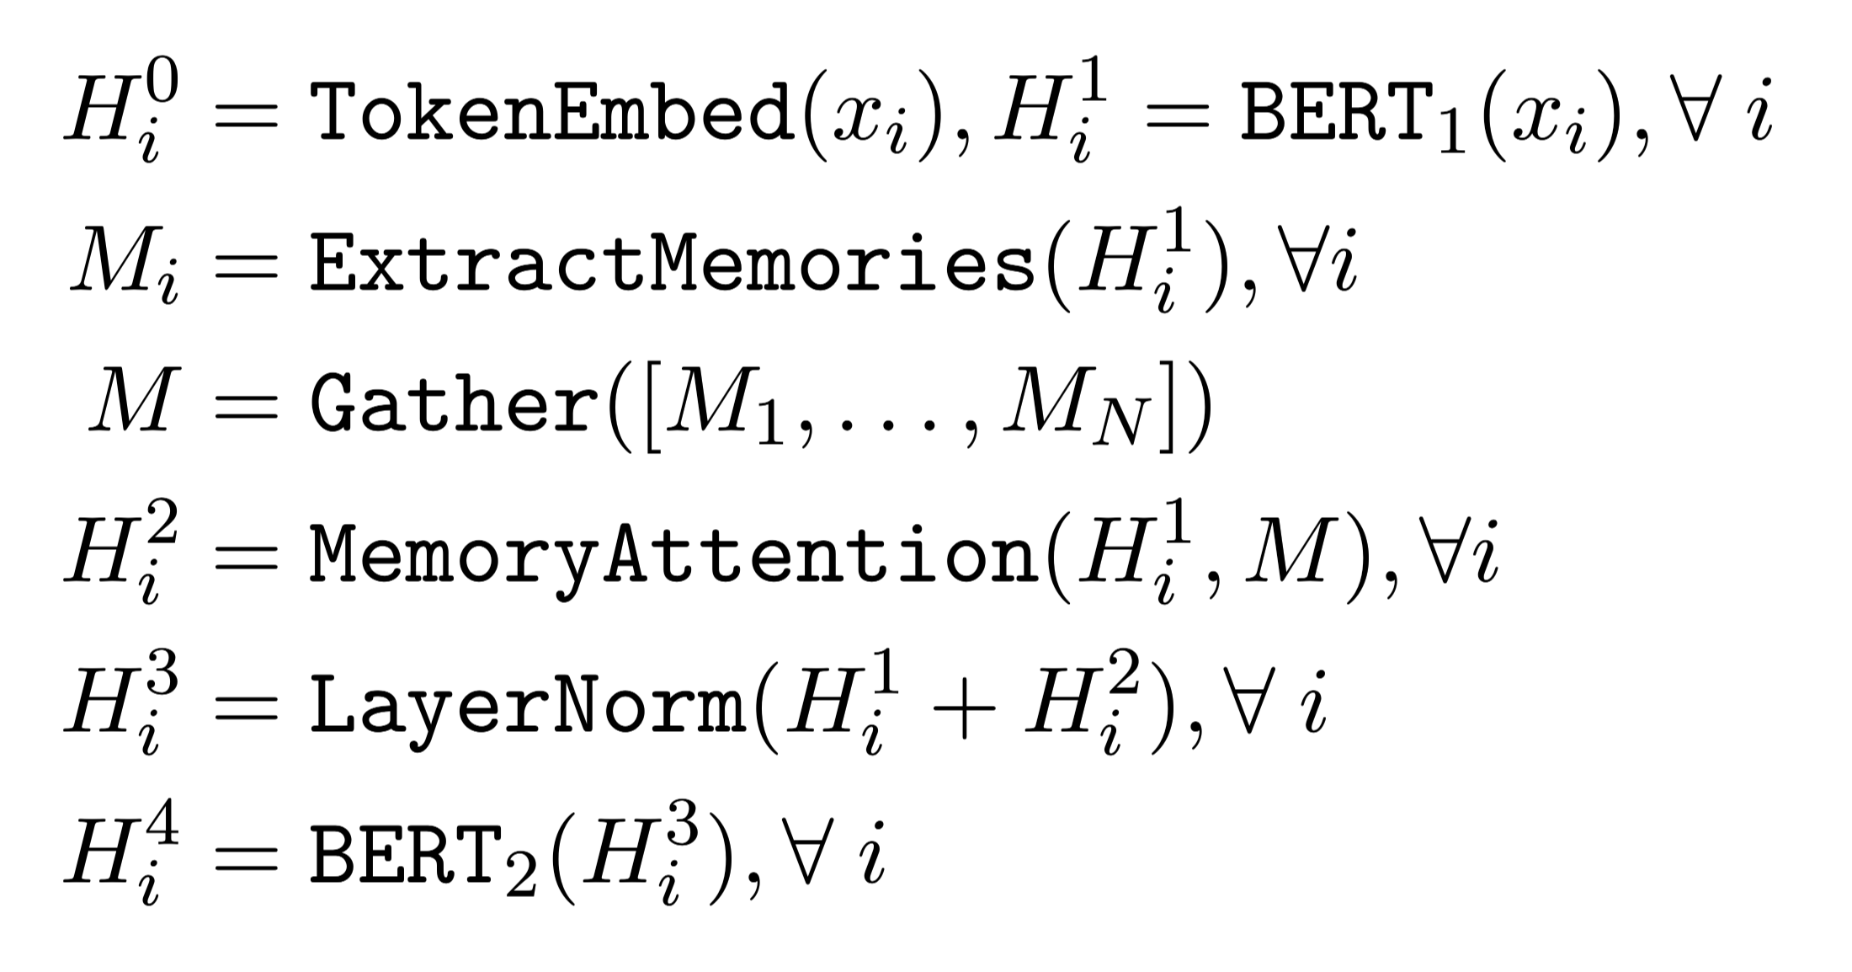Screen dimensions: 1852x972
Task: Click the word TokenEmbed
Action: tap(551, 115)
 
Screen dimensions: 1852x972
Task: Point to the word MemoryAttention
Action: tap(673, 554)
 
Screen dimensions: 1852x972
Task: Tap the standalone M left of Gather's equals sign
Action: tap(135, 404)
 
